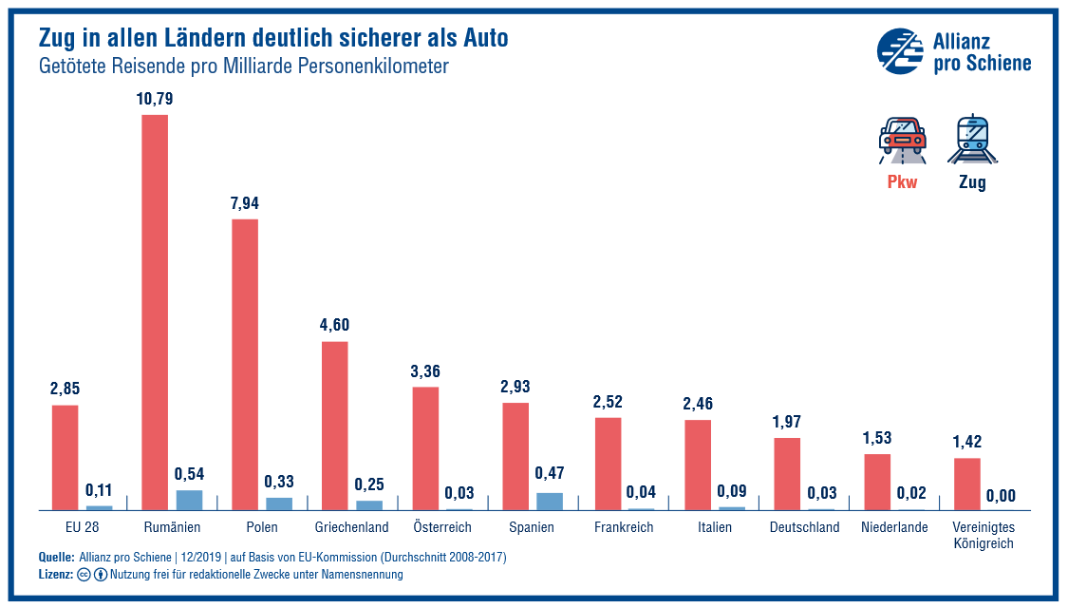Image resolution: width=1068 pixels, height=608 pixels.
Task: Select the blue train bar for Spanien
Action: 550,501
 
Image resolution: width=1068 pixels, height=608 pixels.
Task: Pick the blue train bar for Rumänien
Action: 190,500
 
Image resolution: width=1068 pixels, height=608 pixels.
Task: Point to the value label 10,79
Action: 155,99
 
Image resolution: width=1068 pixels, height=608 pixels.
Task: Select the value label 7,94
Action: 244,203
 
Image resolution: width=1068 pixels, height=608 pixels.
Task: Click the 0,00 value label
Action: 1001,495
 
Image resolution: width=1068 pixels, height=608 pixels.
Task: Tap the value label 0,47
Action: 550,473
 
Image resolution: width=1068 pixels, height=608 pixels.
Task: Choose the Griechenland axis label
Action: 351,527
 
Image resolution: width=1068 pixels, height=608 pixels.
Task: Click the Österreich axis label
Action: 443,527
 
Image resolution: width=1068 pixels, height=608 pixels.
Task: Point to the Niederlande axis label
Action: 894,527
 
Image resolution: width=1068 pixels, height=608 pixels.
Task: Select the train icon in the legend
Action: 972,141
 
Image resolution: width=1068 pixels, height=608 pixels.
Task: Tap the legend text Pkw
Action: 902,182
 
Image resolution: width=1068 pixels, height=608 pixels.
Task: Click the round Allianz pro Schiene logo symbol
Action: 899,50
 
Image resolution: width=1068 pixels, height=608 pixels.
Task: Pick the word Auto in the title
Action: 485,39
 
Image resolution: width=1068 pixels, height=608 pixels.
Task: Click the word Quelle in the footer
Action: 56,557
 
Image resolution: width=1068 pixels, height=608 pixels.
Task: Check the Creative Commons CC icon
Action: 84,575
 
